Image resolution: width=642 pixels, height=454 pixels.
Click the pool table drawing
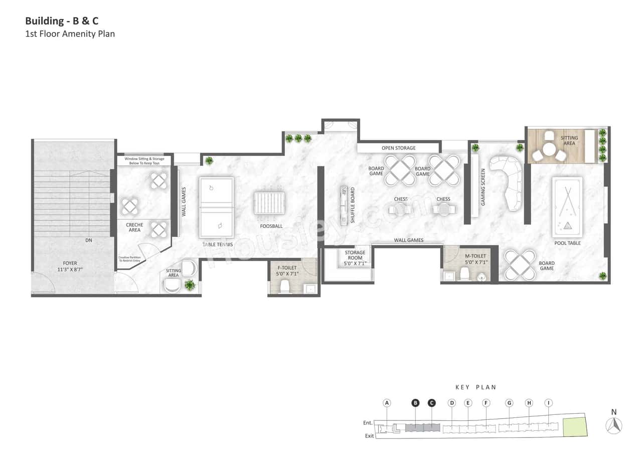[567, 207]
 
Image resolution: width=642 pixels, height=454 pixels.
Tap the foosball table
[269, 203]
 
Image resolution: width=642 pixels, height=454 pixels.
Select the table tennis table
[216, 207]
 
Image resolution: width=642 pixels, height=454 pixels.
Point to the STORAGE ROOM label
[355, 258]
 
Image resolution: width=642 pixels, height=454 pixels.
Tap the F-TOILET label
[286, 271]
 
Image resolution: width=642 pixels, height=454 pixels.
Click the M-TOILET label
[475, 259]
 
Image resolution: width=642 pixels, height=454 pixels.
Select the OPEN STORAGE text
[398, 148]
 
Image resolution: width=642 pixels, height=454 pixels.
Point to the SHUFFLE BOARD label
[353, 205]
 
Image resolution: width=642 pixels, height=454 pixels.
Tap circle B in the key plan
[415, 403]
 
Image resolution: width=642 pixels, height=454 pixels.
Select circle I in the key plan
[549, 403]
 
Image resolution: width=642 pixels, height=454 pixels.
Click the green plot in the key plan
[574, 427]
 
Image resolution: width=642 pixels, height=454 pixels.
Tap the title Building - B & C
[62, 22]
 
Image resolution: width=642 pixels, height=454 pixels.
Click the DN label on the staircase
[89, 240]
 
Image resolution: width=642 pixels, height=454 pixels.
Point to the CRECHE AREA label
[134, 227]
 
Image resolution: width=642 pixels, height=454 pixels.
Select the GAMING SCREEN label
[483, 187]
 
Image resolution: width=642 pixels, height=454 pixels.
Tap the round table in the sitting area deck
[549, 149]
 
